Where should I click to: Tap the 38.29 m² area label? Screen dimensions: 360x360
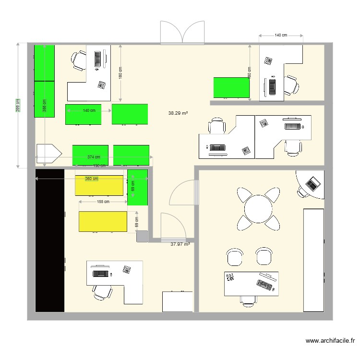[x=178, y=114]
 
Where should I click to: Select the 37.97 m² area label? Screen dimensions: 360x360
[x=180, y=244]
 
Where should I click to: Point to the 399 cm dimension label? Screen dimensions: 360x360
[x=18, y=106]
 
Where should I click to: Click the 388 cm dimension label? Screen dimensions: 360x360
[x=44, y=105]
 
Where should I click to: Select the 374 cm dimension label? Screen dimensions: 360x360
[x=94, y=157]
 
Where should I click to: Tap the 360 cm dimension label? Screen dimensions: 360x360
[x=91, y=179]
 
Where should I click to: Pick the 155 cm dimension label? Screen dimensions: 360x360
[x=103, y=202]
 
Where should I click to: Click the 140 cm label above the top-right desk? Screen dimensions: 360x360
[x=281, y=36]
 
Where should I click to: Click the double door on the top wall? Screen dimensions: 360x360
[x=182, y=33]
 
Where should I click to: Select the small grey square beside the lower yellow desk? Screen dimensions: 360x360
[x=142, y=236]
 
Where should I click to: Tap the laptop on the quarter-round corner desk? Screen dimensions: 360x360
[x=313, y=182]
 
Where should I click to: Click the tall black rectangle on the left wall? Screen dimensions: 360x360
[x=49, y=240]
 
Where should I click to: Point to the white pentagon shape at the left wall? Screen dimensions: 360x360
[x=48, y=154]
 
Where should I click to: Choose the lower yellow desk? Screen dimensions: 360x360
[x=103, y=221]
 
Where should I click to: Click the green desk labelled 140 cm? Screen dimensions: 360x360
[x=83, y=114]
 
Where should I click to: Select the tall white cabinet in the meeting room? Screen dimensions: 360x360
[x=314, y=260]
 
